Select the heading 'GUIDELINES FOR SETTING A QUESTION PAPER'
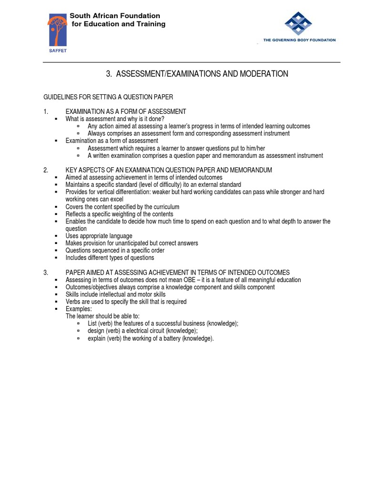(108, 97)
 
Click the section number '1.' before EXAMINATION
(46, 112)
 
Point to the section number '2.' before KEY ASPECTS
(46, 170)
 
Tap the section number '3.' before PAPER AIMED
(46, 273)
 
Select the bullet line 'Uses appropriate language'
(99, 236)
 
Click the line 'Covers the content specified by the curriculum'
(122, 207)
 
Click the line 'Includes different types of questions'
(110, 258)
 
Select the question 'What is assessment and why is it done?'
(115, 119)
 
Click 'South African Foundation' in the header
(115, 16)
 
